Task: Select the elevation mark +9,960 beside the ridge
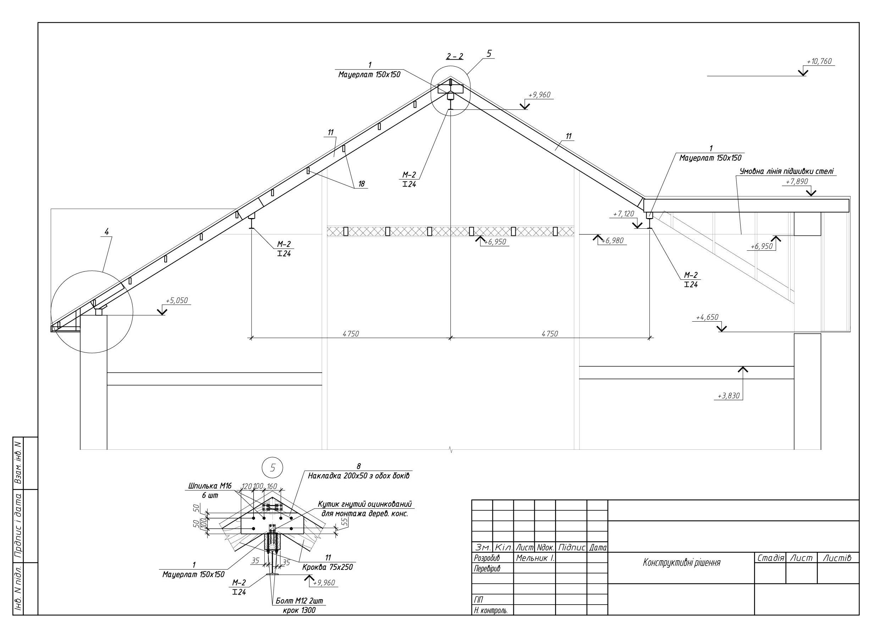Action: pos(540,95)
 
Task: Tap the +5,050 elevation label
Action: pos(177,300)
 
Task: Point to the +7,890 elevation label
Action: pos(797,182)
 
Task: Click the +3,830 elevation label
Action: pos(728,396)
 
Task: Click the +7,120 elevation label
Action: pos(624,214)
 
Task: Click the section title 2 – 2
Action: pos(455,56)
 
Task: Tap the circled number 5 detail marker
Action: pos(273,468)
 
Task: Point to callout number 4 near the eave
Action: pos(106,232)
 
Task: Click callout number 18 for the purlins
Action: pos(361,184)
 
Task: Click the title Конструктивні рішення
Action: pos(681,562)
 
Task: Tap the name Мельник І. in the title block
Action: pos(535,558)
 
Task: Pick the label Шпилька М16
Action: pos(210,486)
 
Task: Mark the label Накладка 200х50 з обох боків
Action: pos(358,476)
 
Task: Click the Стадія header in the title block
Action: pos(771,558)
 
